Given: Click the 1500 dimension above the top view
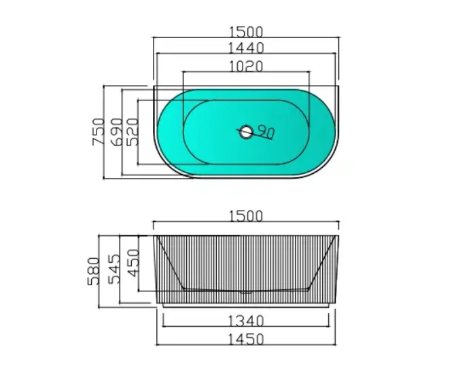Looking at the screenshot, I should coord(245,32).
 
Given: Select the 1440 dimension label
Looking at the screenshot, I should coord(245,48).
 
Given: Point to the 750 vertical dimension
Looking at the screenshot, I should coord(97,132).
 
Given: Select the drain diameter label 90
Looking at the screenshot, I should coord(265,133).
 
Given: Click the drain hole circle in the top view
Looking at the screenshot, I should coord(245,132).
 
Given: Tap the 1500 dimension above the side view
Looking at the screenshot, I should coord(245,216).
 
